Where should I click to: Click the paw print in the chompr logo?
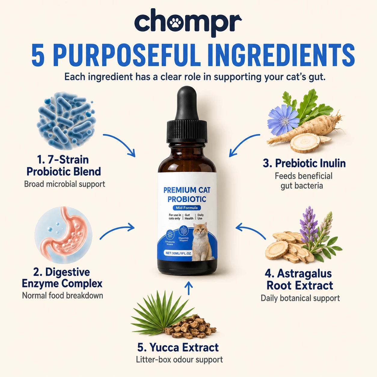175,23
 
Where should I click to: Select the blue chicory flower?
283,120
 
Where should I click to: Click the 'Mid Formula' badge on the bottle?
187,208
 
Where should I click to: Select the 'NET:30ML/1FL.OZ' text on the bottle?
178,253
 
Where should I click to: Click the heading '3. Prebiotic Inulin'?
304,163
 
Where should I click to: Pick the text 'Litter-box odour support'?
179,360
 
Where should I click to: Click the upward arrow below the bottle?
188,288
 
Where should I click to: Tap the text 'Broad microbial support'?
65,184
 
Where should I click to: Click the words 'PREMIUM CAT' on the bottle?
187,190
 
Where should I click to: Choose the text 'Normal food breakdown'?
63,296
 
